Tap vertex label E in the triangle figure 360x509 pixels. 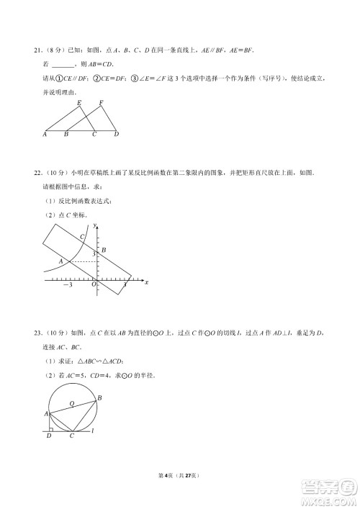(79, 102)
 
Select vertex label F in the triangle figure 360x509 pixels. (102, 102)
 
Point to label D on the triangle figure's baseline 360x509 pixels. (116, 135)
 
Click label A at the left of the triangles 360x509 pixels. (45, 135)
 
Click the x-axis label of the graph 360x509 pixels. (146, 282)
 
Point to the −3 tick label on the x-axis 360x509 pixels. (67, 286)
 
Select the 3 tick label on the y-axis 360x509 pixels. (93, 256)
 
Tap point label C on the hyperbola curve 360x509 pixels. (82, 237)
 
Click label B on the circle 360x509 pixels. (99, 398)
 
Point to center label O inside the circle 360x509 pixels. (71, 404)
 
